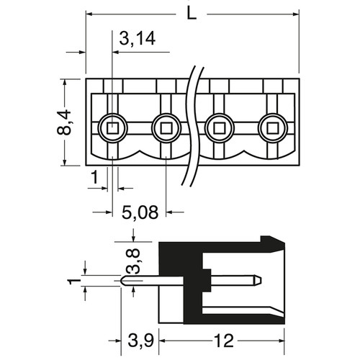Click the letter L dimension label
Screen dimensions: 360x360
(192, 14)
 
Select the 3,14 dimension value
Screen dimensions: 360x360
(138, 39)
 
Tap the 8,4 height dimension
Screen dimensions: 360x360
(64, 122)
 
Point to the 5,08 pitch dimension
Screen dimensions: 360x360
(140, 212)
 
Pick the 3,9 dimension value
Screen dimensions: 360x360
(140, 341)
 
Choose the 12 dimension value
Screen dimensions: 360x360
(223, 341)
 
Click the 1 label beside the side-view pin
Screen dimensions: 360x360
(72, 281)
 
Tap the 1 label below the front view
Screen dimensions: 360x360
(95, 177)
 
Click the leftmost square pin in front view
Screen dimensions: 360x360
(112, 128)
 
